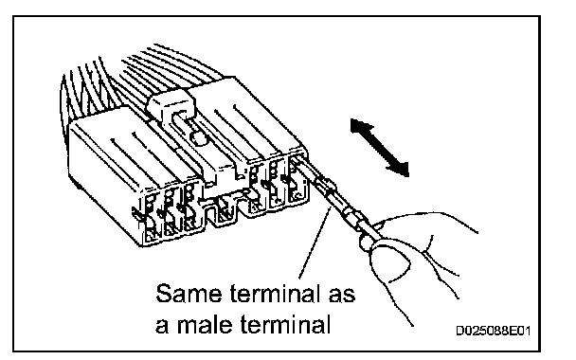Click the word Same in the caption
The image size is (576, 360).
(x=189, y=293)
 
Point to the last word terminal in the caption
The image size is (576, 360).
(x=286, y=324)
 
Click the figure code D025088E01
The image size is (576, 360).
(x=494, y=331)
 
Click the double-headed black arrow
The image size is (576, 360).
(x=380, y=147)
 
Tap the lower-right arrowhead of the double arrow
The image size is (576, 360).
(x=400, y=169)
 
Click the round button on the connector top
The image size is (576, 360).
(x=199, y=138)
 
